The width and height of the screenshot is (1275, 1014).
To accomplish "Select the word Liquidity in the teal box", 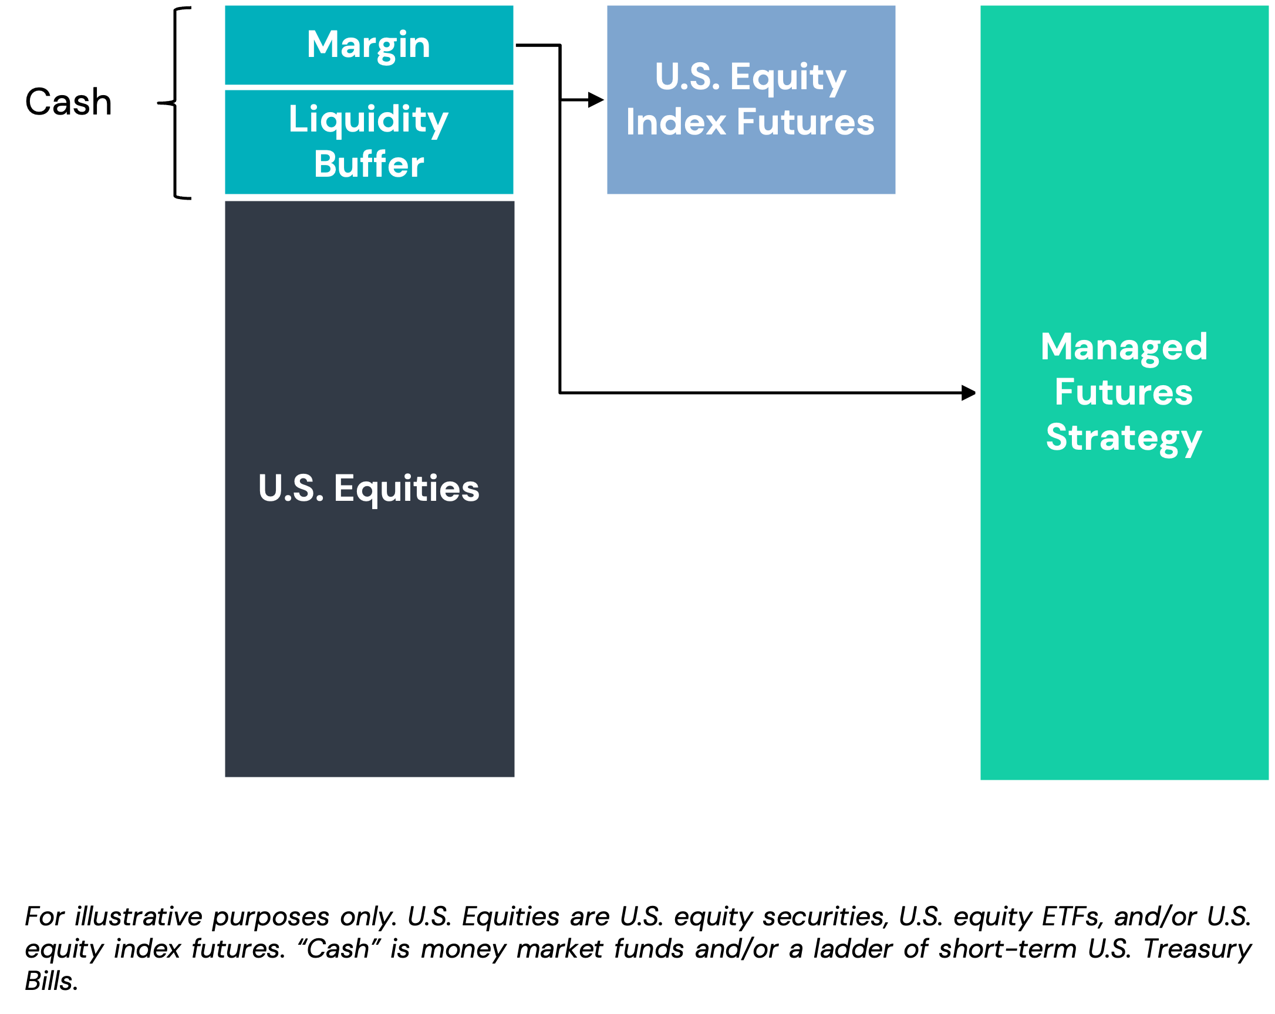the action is coord(369,120).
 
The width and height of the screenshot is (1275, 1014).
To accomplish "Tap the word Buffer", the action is coord(369,164).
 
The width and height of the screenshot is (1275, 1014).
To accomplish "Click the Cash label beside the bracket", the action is coord(69,102).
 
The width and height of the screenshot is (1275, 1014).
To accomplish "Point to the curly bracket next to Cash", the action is coord(175,103).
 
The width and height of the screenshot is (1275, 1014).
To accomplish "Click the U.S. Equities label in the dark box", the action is coord(369,489).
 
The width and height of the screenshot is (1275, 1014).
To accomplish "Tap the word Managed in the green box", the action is coord(1124,348).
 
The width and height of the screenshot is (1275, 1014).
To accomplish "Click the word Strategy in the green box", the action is coord(1124,439).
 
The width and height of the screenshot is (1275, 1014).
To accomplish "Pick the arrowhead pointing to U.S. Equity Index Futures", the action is coord(596,100).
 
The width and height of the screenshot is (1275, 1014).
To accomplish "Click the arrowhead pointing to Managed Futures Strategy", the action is coord(968,393).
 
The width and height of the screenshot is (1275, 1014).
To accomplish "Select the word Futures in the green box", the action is coord(1124,392).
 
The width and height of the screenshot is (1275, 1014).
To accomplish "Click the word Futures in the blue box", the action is coord(805,122).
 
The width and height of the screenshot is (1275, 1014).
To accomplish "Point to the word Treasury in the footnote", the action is coord(1197,949).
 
